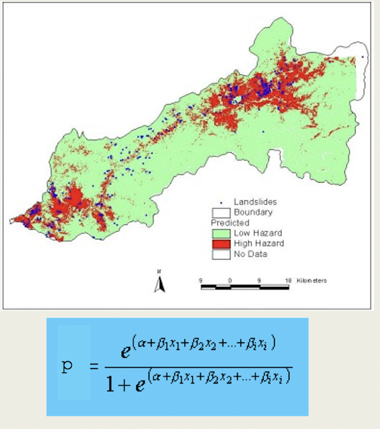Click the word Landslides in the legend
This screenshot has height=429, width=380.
point(255,202)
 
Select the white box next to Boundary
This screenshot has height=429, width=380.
point(221,213)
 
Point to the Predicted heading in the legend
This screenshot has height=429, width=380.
point(230,223)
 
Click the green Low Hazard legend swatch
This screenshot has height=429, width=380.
point(221,233)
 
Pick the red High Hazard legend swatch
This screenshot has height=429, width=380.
point(221,244)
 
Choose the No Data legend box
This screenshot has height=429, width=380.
point(221,254)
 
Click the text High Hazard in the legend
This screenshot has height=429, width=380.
point(259,243)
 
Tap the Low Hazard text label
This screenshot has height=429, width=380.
point(258,233)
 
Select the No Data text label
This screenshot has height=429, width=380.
point(251,254)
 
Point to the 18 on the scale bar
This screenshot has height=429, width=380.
point(288,281)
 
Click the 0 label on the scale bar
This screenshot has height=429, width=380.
point(230,281)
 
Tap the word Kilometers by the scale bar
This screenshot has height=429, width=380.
point(312,281)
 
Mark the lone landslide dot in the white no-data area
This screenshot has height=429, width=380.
point(363,57)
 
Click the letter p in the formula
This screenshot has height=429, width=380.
point(67,366)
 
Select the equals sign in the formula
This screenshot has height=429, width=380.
point(94,366)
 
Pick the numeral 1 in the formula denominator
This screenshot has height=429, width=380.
point(110,384)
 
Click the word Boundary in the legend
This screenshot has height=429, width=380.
point(253,212)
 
